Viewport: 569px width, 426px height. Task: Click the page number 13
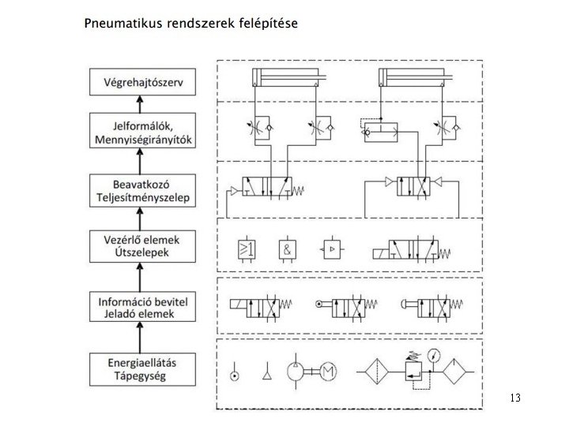point(515,398)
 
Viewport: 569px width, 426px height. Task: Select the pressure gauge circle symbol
point(433,353)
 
